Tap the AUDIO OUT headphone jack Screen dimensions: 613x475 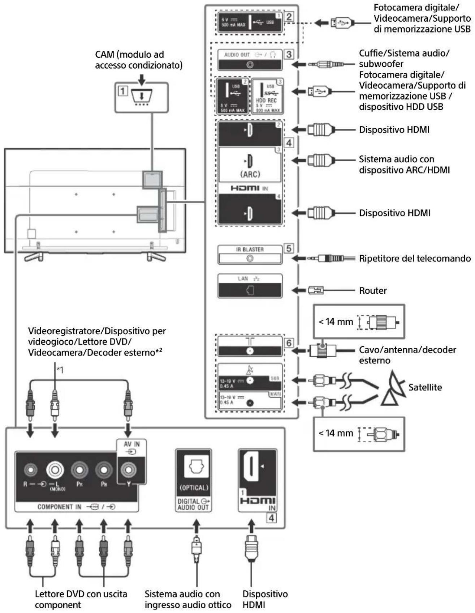250,65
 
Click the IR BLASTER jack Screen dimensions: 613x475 250,259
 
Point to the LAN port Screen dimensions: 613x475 250,290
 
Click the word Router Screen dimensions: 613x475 372,291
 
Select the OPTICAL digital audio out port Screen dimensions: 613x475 194,467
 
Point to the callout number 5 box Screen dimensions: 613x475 289,248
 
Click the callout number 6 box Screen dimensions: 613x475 289,342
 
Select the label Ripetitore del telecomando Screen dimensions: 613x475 414,259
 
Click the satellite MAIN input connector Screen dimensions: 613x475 250,403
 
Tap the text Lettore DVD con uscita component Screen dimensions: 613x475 81,599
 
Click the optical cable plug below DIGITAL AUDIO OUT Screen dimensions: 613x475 196,548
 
